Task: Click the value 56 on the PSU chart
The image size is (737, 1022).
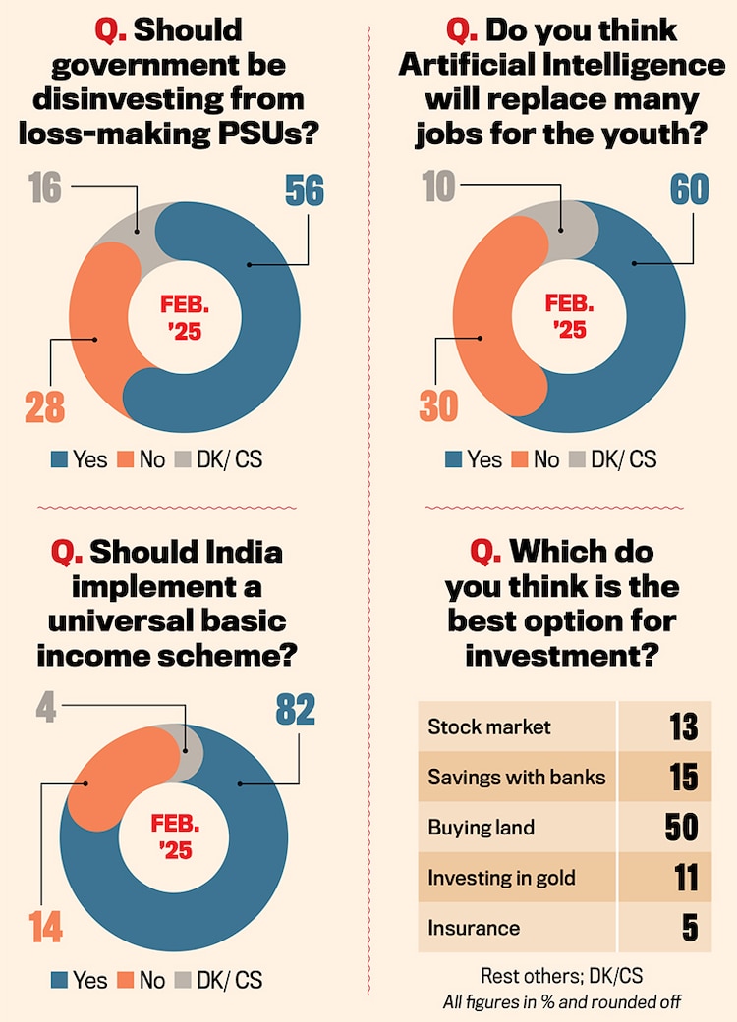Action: pos(304,190)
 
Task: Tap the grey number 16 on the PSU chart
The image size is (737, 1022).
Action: pos(45,188)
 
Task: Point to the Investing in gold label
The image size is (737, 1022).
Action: pos(501,878)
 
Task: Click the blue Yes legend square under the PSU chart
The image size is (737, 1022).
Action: pos(59,459)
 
